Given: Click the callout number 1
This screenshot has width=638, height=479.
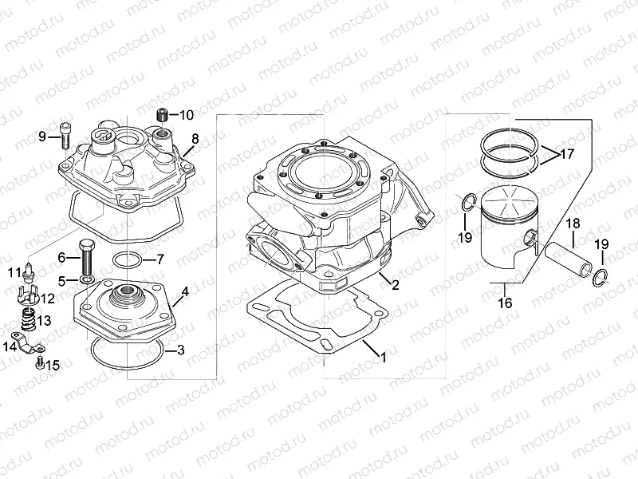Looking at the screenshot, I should click(x=383, y=357).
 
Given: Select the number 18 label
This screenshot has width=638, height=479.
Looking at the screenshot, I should click(x=573, y=224).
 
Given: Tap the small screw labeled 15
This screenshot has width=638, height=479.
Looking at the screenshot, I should click(x=40, y=364).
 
